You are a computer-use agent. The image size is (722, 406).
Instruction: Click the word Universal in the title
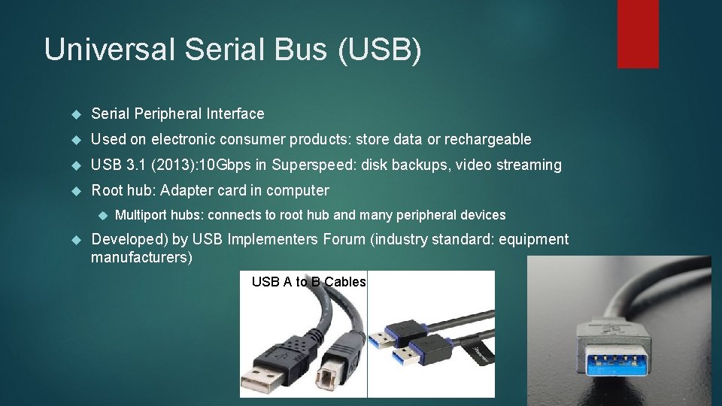108,50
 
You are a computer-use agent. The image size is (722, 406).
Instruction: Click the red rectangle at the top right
638,34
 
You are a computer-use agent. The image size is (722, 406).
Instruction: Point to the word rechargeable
487,139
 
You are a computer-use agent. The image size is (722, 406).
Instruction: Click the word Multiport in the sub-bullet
141,215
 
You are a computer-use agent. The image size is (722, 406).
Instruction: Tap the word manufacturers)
141,258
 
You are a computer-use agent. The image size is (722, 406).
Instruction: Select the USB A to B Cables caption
308,282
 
